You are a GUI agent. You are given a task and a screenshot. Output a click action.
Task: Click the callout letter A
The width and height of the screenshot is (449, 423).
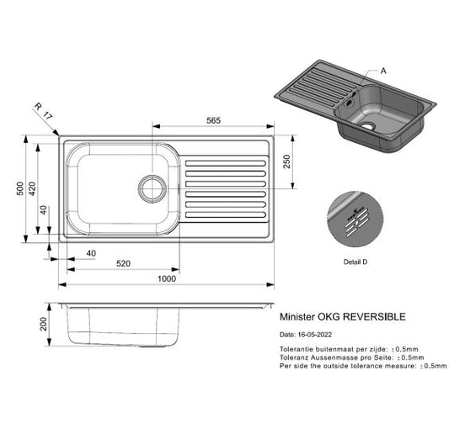(x=383, y=72)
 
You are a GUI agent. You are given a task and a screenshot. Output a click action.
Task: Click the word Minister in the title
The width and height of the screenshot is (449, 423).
(x=294, y=317)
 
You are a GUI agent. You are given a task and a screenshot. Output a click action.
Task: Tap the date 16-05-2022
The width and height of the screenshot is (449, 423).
(x=316, y=335)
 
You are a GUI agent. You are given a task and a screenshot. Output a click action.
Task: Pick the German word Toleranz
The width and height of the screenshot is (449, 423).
(x=293, y=357)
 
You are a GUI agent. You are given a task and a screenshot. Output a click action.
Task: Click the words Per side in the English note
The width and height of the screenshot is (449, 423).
(x=291, y=367)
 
